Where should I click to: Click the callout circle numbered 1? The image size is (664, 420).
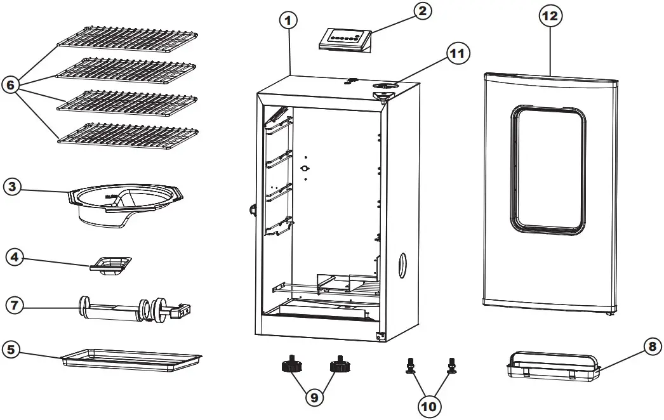click(288, 21)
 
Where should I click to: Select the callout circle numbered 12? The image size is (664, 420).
click(550, 16)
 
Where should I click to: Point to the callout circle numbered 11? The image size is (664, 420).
click(456, 55)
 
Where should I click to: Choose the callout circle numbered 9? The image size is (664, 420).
click(314, 398)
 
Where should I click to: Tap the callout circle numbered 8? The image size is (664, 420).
click(650, 348)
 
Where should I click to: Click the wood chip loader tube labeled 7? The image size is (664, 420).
click(133, 310)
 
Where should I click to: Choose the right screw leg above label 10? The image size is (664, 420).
click(452, 365)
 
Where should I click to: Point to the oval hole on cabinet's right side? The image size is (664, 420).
click(401, 265)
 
